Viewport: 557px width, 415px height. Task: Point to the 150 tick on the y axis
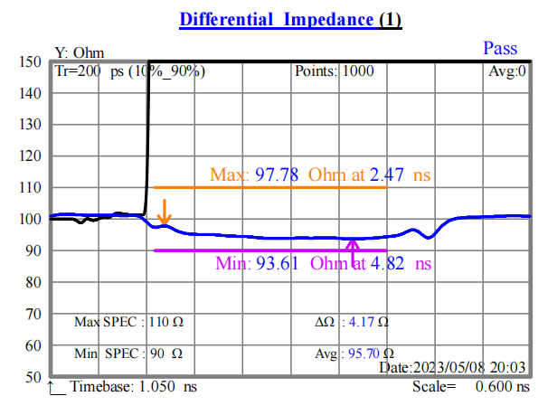pyautogui.click(x=31, y=62)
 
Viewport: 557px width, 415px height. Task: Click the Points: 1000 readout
pyautogui.click(x=329, y=71)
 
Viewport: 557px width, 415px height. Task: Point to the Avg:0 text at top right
pyautogui.click(x=507, y=71)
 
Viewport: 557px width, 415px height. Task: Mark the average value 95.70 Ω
pyautogui.click(x=370, y=354)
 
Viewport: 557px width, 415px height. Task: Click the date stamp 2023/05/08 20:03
pyautogui.click(x=453, y=367)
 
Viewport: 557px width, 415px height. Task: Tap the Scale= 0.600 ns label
pyautogui.click(x=469, y=387)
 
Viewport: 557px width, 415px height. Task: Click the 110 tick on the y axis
pyautogui.click(x=31, y=188)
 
